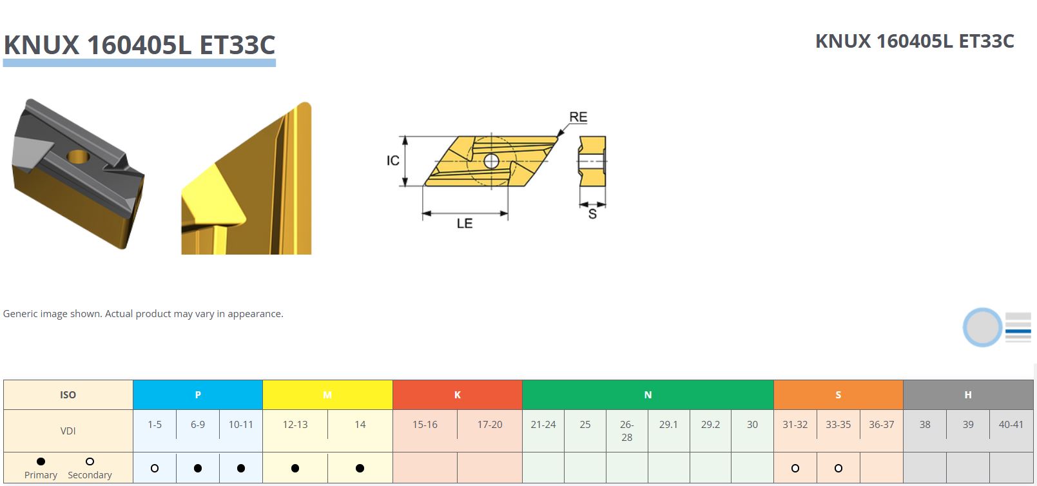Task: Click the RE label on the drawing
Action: (578, 117)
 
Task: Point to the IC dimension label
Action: (393, 160)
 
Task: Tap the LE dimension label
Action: (464, 224)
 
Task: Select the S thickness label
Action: (592, 214)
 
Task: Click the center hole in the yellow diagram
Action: (491, 161)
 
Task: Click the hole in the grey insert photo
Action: (78, 157)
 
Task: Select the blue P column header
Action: (198, 395)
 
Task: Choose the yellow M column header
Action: (327, 395)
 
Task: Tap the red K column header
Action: (458, 395)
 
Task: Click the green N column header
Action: (648, 395)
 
